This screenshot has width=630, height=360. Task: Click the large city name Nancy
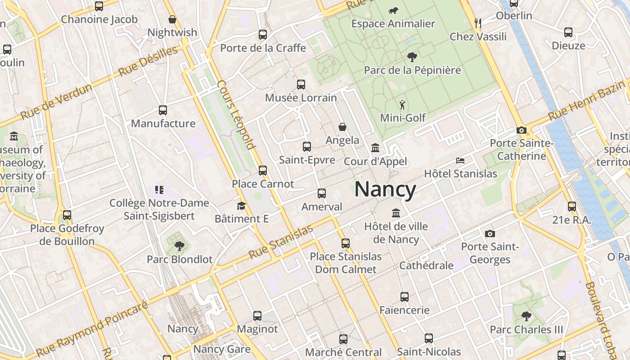click(385, 189)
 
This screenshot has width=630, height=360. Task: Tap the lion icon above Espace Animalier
click(393, 10)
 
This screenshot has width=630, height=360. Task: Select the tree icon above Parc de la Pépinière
click(412, 57)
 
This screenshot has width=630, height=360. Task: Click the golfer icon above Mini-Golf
click(402, 105)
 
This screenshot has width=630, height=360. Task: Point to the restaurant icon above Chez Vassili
click(478, 23)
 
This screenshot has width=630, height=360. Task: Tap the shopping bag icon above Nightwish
click(172, 19)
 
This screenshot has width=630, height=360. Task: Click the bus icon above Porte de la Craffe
click(263, 35)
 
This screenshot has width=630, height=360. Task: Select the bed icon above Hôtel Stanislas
click(460, 160)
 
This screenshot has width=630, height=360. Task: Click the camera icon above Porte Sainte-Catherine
click(522, 130)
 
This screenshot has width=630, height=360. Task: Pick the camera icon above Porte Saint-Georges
click(490, 234)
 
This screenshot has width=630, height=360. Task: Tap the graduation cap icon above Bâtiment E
click(241, 206)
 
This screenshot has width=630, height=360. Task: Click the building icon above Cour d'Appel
click(375, 148)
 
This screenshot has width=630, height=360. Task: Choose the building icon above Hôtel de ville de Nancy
click(396, 213)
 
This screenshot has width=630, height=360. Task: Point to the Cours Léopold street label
click(236, 114)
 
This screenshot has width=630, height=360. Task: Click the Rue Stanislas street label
click(281, 242)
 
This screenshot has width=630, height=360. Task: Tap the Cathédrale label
click(427, 265)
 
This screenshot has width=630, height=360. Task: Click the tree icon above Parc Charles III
click(526, 316)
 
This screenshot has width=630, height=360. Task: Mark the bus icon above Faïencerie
click(405, 297)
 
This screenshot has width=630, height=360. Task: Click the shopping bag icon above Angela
click(342, 127)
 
